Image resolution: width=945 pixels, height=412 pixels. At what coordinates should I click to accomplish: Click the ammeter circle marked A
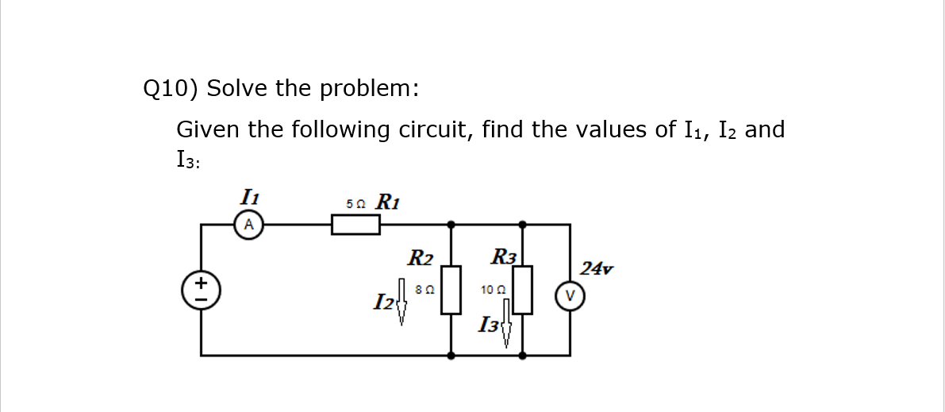(x=248, y=225)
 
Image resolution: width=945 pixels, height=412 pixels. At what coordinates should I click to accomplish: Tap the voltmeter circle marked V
(x=570, y=296)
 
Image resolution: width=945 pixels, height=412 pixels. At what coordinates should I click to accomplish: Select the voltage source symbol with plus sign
(x=201, y=290)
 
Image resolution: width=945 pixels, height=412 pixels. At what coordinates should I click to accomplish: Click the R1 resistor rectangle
(x=355, y=225)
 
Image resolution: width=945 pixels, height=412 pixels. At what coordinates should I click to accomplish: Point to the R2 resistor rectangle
(x=451, y=290)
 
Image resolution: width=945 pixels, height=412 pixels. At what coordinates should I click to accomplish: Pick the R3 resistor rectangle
(x=522, y=290)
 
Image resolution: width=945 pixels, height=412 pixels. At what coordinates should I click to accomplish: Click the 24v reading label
(x=597, y=268)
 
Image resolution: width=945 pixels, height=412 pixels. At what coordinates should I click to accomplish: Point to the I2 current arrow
(x=402, y=302)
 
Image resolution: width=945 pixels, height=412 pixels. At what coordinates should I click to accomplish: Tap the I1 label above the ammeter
(x=248, y=196)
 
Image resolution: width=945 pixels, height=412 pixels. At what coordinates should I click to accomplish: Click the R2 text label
(x=421, y=258)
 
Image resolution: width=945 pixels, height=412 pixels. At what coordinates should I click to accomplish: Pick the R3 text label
(x=504, y=257)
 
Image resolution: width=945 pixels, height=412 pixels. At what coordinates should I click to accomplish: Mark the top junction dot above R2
(x=451, y=225)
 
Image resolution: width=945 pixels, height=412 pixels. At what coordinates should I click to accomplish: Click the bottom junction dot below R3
(x=522, y=356)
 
